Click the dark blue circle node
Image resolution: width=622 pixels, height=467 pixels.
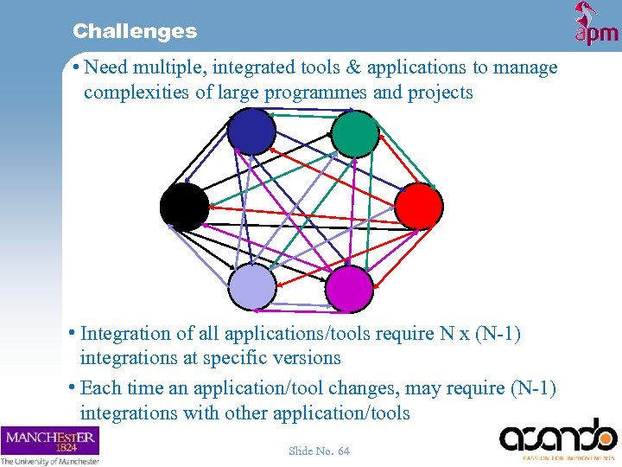point(251,132)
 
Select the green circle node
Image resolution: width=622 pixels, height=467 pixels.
point(355,134)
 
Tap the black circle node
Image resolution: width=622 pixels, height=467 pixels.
point(184,207)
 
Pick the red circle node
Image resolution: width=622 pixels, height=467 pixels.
point(419,207)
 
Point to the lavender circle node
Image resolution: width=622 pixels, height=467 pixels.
point(252,286)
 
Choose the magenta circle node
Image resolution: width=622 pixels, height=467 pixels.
point(350,288)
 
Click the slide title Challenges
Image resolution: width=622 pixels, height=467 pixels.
point(135,31)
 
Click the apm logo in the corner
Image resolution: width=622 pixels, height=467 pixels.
point(596,23)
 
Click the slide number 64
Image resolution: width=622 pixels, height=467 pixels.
point(319,451)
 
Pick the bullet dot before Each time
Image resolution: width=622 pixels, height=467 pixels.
point(73,389)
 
